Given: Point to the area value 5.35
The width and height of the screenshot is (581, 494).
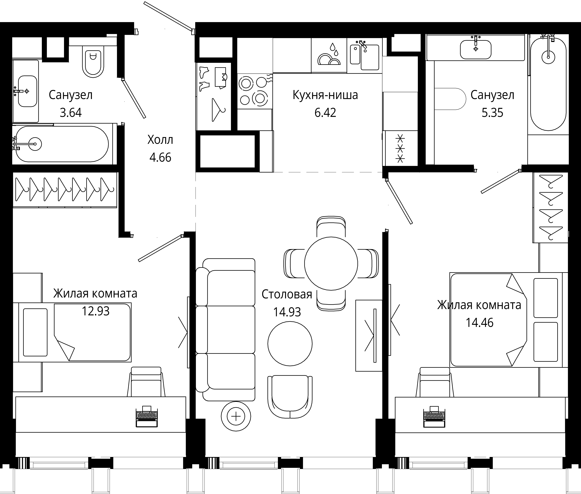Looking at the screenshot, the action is (492, 113).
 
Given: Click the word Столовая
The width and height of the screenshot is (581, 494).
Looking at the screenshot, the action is (287, 294).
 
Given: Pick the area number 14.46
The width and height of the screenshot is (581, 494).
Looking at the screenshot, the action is (479, 323).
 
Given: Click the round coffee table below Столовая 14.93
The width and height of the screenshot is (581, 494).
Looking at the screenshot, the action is (290, 344).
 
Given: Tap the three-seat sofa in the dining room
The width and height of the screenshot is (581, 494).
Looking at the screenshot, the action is (225, 330).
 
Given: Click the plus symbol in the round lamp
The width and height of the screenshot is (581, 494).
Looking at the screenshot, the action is (236, 416).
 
